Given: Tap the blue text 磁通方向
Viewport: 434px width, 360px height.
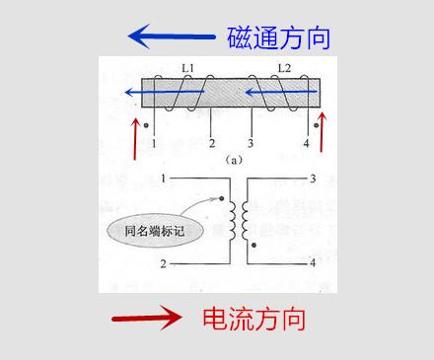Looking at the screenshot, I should click(278, 38).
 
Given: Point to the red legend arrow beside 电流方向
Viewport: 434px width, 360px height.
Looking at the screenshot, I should click(147, 318).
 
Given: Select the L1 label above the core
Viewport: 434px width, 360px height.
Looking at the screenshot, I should click(187, 68).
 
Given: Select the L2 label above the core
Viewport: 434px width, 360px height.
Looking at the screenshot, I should click(284, 68).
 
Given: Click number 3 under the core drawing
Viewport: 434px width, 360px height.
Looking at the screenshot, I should click(252, 144).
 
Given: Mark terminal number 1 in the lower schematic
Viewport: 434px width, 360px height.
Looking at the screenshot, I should click(164, 179).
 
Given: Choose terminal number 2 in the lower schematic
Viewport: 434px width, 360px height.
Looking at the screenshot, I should click(164, 264).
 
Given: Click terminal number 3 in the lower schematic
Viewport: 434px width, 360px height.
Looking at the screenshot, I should click(312, 179).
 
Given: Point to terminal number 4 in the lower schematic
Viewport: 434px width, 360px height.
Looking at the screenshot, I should click(312, 264).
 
